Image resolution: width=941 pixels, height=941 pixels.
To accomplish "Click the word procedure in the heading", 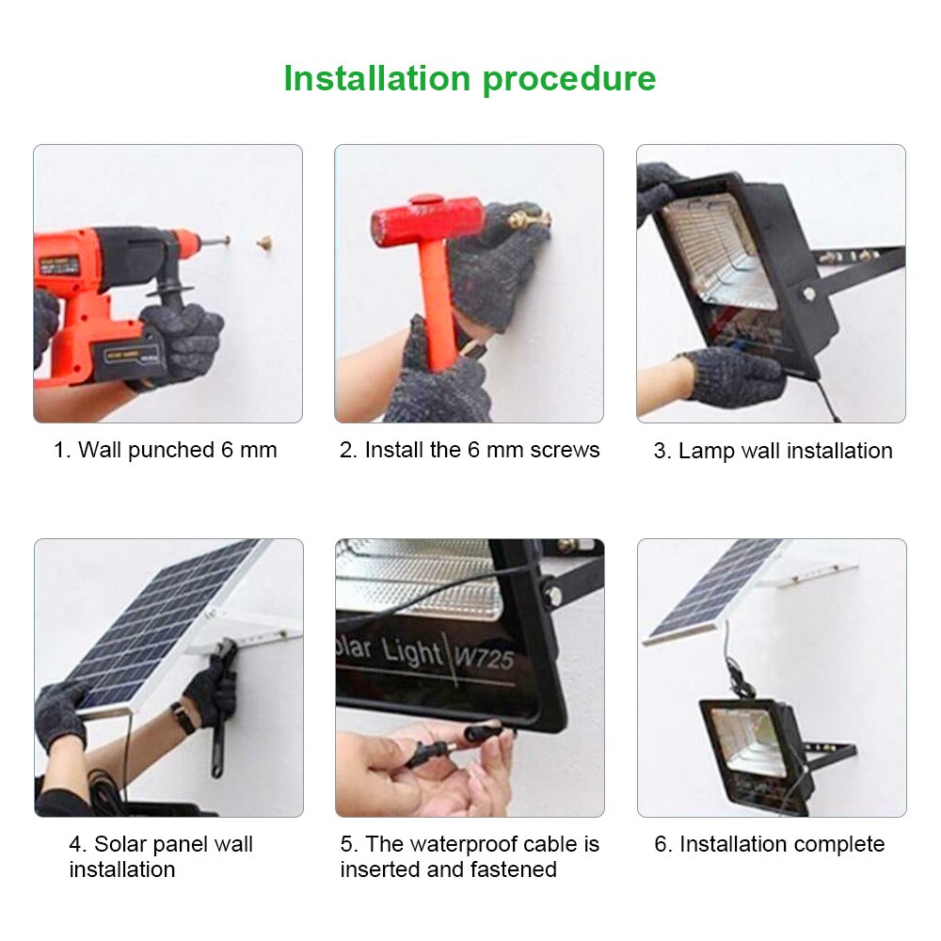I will click(570, 79).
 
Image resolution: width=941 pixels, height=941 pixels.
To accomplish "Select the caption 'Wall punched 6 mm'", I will click(166, 450).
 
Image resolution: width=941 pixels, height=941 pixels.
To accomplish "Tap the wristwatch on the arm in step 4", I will click(183, 718).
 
